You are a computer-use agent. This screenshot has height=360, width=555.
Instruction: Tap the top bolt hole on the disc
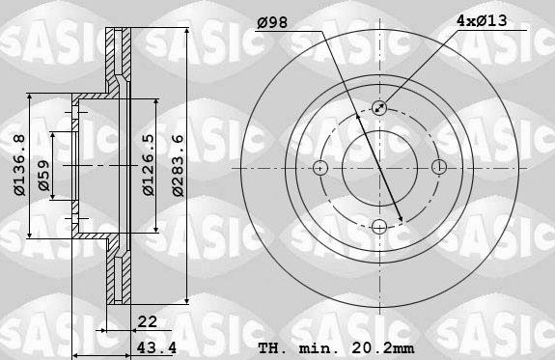[378, 109]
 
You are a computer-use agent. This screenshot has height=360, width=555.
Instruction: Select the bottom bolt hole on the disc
[378, 226]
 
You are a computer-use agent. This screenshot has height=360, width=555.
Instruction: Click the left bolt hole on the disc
[320, 167]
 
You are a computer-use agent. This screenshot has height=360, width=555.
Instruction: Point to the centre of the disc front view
[378, 167]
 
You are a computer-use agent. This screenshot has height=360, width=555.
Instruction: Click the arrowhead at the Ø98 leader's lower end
[400, 218]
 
